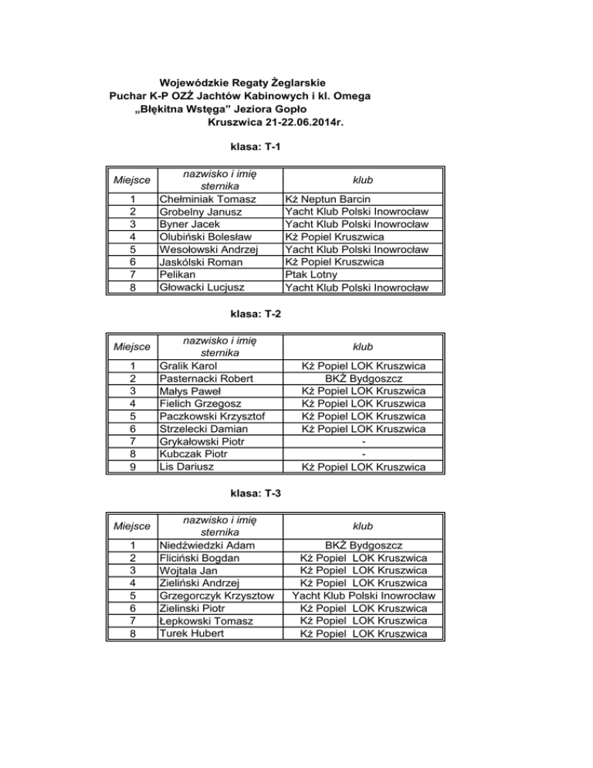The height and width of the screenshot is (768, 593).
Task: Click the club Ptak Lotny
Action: click(312, 274)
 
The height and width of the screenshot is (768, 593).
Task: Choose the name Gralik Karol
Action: click(188, 365)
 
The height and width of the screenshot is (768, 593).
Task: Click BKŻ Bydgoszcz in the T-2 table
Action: click(362, 378)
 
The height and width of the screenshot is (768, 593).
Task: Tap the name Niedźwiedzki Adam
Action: click(207, 545)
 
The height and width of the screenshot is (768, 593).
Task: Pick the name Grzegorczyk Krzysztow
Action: click(216, 596)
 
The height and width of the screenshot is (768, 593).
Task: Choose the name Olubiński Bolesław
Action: click(205, 236)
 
